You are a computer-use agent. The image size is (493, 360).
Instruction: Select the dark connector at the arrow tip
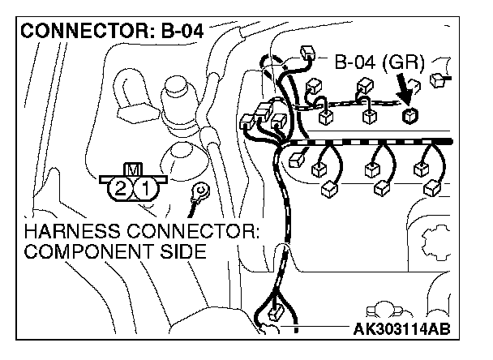click(x=409, y=114)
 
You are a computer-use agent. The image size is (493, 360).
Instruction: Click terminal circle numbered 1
click(x=144, y=190)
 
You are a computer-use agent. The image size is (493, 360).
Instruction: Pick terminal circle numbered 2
click(x=119, y=190)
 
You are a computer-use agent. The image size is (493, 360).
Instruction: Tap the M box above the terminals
click(x=131, y=170)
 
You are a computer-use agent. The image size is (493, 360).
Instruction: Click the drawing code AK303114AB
click(x=401, y=330)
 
